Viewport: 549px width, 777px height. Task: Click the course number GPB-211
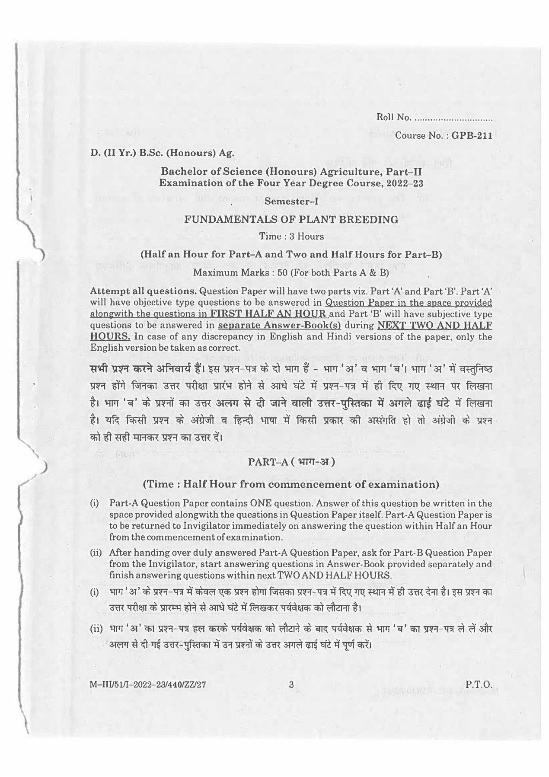tap(472, 135)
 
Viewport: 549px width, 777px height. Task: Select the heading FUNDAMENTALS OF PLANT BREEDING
tap(291, 219)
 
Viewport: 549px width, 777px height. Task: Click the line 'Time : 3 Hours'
tap(291, 236)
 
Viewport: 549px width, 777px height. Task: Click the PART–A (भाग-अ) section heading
tap(291, 462)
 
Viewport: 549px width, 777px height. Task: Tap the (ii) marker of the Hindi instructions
tap(96, 629)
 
